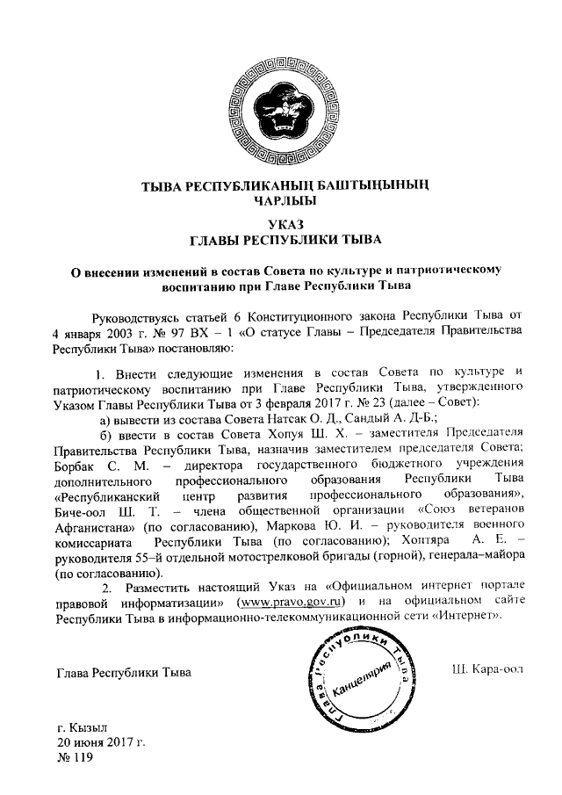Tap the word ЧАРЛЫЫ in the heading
coord(279,199)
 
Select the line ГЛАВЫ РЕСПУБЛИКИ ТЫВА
coord(280,238)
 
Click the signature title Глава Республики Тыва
coord(123,673)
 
